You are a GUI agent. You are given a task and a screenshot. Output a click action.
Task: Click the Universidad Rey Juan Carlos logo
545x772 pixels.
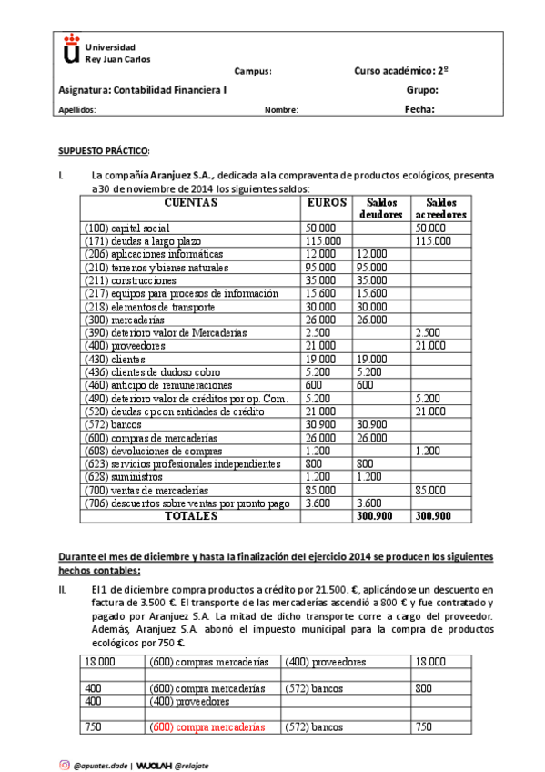69,52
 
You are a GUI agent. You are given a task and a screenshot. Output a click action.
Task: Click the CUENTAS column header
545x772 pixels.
190,203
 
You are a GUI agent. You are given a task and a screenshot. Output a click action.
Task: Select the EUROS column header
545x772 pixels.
326,203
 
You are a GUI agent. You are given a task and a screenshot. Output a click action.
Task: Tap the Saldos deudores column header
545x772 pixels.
381,208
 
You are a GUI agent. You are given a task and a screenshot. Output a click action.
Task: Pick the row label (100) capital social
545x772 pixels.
126,228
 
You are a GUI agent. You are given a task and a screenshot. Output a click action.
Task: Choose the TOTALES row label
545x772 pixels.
190,515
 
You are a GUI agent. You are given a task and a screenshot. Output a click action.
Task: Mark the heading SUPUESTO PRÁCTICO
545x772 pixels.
103,150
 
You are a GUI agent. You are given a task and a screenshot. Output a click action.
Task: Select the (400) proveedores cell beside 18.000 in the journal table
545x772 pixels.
325,663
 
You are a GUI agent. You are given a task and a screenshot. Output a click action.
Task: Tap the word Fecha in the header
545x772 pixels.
419,109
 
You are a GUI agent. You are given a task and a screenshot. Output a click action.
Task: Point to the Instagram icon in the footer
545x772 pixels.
65,765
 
